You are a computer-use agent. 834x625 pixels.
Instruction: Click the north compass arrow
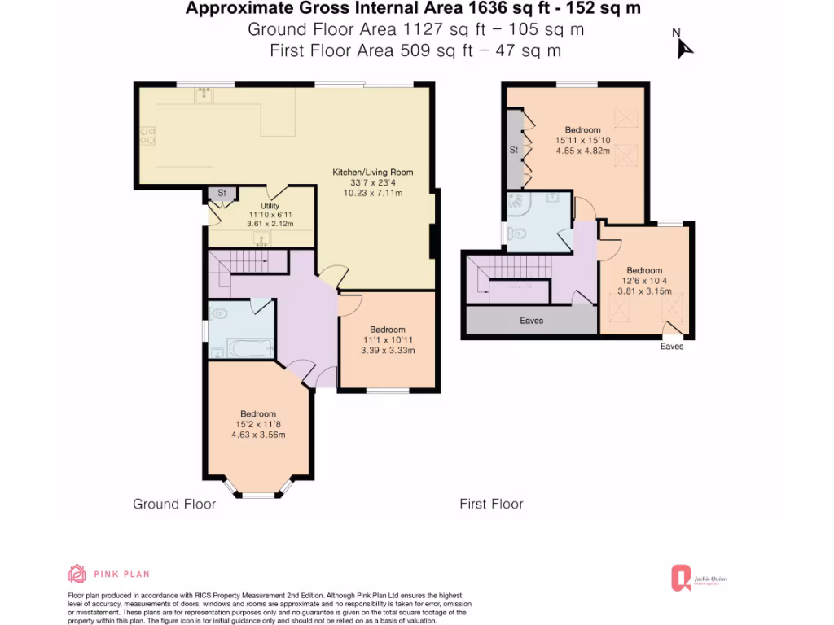[x=684, y=46]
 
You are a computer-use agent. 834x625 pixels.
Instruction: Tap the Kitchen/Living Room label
[x=372, y=173]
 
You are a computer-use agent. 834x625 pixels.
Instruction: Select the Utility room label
[x=270, y=206]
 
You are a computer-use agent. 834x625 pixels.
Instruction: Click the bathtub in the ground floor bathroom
[x=251, y=348]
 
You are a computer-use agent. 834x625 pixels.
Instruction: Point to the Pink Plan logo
[x=77, y=573]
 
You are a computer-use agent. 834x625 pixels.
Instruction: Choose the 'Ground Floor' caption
[x=174, y=505]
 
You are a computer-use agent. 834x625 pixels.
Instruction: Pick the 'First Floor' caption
[x=491, y=505]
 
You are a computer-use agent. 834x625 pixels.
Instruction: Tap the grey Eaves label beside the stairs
[x=531, y=321]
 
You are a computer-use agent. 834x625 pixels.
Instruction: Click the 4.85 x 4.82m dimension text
[x=582, y=151]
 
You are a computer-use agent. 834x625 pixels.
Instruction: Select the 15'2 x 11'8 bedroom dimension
[x=257, y=424]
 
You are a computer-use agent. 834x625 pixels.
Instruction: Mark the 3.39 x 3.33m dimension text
[x=388, y=351]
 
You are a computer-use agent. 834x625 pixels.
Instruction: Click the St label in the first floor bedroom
[x=514, y=151]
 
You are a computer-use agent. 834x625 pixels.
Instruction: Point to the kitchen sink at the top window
[x=203, y=96]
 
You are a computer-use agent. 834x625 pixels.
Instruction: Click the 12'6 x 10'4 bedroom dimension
[x=643, y=281]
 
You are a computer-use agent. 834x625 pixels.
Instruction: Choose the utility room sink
[x=261, y=238]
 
